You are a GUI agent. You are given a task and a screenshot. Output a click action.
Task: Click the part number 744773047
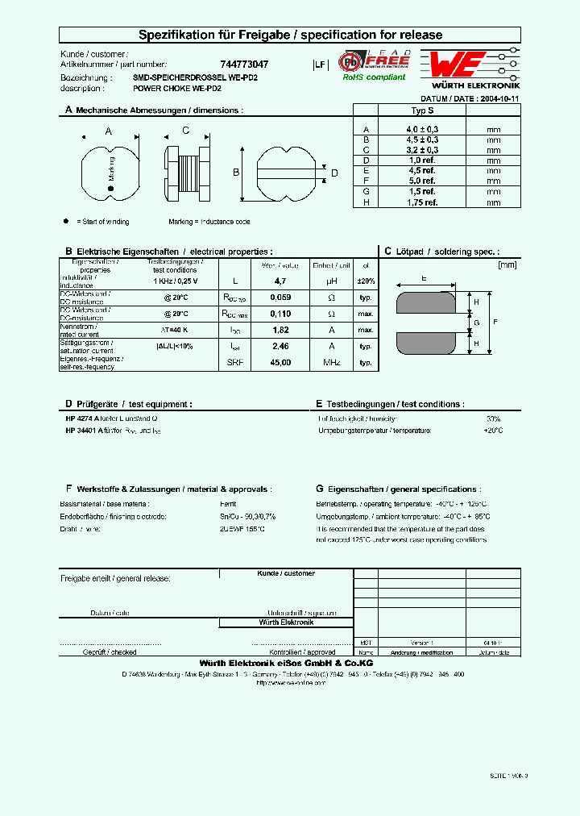pyautogui.click(x=244, y=64)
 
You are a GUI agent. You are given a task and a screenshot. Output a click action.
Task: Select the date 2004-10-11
pyautogui.click(x=495, y=98)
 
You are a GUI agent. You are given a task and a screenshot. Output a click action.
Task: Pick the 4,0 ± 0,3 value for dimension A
pyautogui.click(x=422, y=129)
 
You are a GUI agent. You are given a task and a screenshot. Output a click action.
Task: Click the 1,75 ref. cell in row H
pyautogui.click(x=422, y=202)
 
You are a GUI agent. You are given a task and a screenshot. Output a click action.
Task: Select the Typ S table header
pyautogui.click(x=422, y=110)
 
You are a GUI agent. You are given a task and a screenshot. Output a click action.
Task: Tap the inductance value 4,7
pyautogui.click(x=280, y=281)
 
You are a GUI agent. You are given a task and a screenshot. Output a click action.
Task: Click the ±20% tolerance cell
pyautogui.click(x=366, y=281)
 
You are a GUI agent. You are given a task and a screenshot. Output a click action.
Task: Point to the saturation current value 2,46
pyautogui.click(x=280, y=346)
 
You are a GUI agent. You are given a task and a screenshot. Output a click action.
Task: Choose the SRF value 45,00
pyautogui.click(x=280, y=363)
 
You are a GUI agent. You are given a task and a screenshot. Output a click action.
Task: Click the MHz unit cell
pyautogui.click(x=332, y=363)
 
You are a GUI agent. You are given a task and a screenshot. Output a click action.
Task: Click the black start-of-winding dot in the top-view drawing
pyautogui.click(x=111, y=189)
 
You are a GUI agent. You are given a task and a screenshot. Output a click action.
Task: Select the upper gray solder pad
pyautogui.click(x=430, y=302)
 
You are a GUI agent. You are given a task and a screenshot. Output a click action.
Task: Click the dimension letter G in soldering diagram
pyautogui.click(x=477, y=323)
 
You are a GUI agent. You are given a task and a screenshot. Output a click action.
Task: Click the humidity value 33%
pyautogui.click(x=493, y=419)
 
